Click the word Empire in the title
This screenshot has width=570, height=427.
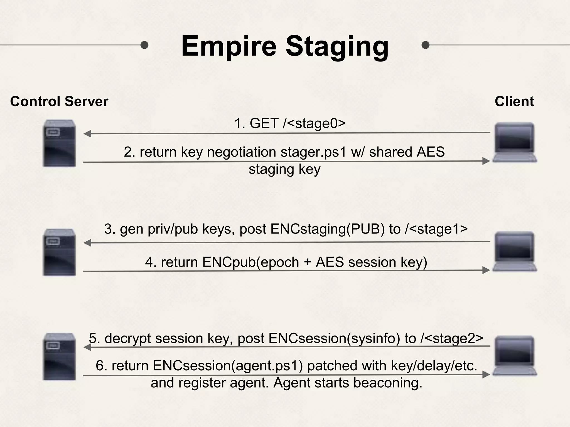(229, 46)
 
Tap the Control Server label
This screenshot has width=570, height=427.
(59, 101)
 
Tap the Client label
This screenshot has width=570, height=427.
(514, 101)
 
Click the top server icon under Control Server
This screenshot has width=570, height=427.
(59, 143)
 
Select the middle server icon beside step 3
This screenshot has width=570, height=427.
(59, 252)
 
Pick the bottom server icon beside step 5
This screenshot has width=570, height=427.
(59, 356)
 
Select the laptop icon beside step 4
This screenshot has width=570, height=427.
(515, 251)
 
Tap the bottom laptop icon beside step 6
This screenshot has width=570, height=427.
(515, 356)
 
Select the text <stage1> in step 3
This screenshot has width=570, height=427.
(439, 229)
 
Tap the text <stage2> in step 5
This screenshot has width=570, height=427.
(454, 339)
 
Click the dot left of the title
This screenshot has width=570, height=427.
(144, 45)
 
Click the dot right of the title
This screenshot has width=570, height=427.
(425, 45)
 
